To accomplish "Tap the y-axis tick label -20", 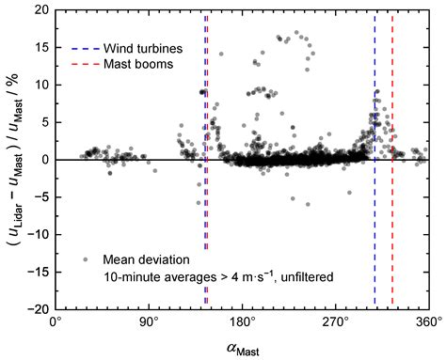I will coord(35,309).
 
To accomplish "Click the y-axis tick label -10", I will coord(35,235).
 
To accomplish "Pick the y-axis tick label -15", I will coord(35,273).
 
